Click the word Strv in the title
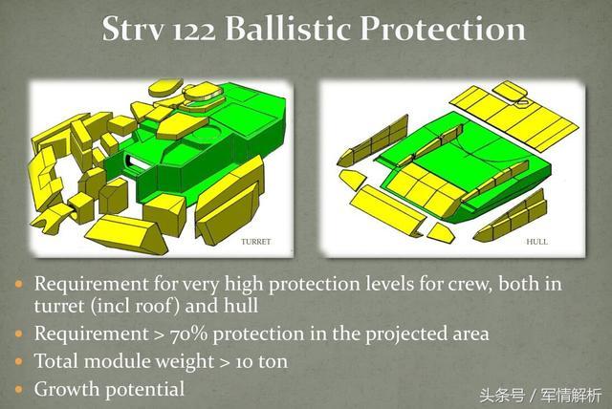pos(132,29)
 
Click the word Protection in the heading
pos(443,28)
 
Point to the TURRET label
pos(255,242)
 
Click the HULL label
pos(536,242)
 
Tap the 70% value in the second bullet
pos(188,334)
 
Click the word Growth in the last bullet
pos(66,389)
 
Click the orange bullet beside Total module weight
pos(19,361)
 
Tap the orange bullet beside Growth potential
pos(19,390)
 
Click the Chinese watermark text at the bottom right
pos(540,397)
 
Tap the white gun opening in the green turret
pos(137,162)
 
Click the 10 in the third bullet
pos(245,362)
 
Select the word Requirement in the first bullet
pos(91,284)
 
